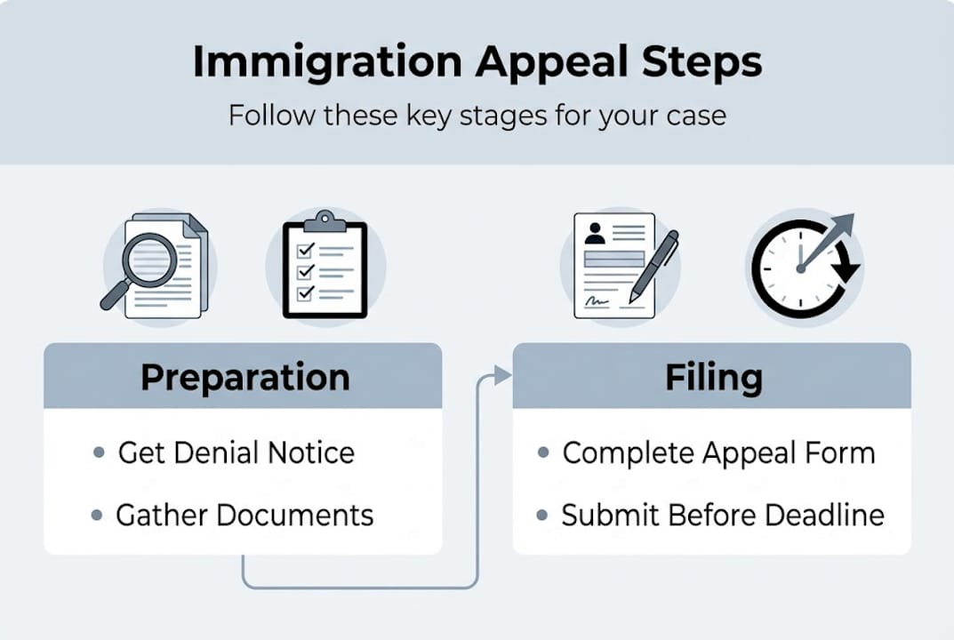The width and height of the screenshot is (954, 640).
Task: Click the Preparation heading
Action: coord(245,377)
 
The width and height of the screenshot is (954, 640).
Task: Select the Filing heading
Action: coord(713,377)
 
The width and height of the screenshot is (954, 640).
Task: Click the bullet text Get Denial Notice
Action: coord(236,452)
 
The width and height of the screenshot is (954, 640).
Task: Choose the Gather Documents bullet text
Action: coord(245,515)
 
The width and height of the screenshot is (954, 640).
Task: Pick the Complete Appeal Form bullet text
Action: coord(718,452)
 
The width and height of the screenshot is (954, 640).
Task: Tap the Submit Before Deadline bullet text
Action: coord(723,515)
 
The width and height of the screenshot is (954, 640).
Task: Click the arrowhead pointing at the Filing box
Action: coord(504,376)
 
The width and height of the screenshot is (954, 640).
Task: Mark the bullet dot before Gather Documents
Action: coord(97,516)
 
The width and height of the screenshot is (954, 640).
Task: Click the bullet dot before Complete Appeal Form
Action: coord(543,453)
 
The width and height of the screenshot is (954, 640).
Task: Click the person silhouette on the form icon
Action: coord(595,233)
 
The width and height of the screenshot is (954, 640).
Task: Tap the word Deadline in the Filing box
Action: coord(830,515)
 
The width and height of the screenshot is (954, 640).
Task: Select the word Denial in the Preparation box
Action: coord(210,452)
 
